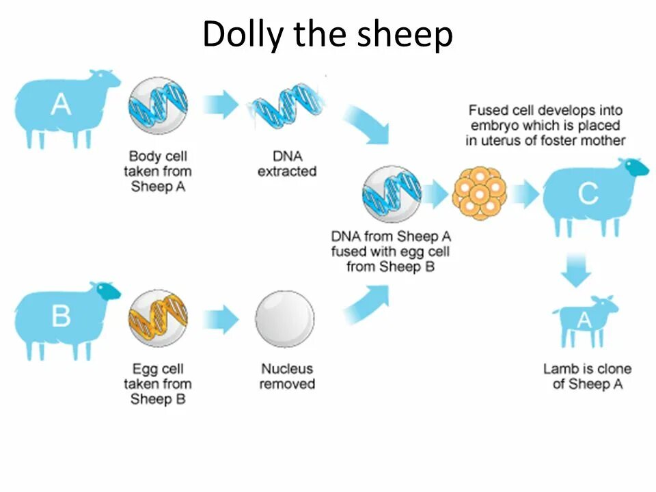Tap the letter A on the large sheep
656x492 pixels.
click(61, 105)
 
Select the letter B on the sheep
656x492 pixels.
click(61, 316)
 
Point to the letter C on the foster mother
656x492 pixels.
click(588, 194)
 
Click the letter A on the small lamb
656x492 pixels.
click(584, 320)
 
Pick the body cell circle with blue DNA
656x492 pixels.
click(158, 106)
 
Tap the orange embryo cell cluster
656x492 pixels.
click(479, 194)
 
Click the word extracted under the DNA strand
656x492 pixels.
click(287, 171)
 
